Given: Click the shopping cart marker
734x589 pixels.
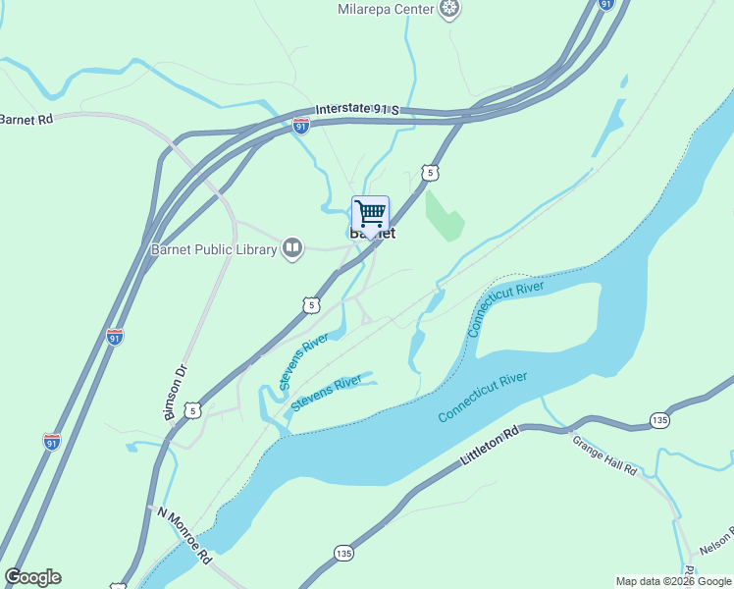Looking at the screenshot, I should pyautogui.click(x=370, y=214).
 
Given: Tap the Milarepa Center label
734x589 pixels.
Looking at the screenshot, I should pyautogui.click(x=387, y=9).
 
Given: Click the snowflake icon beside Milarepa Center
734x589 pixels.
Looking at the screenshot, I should pyautogui.click(x=449, y=10).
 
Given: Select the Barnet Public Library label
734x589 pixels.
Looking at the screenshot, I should pyautogui.click(x=214, y=249).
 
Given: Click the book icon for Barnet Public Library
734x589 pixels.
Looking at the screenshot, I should pyautogui.click(x=292, y=248).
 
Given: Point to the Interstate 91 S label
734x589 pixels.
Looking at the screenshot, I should pyautogui.click(x=357, y=109).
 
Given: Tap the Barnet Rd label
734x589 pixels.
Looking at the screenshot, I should pyautogui.click(x=26, y=120).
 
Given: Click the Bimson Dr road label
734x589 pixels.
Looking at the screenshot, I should pyautogui.click(x=178, y=394).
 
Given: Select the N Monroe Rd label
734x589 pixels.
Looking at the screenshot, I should pyautogui.click(x=183, y=534).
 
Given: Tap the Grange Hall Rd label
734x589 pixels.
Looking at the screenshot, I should pyautogui.click(x=605, y=455).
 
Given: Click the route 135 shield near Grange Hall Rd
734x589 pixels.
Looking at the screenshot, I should pyautogui.click(x=659, y=420).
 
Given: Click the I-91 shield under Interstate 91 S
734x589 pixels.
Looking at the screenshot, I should pyautogui.click(x=300, y=126).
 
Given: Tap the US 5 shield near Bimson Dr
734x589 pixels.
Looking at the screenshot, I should pyautogui.click(x=194, y=410).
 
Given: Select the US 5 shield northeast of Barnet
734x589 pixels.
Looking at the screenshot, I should pyautogui.click(x=431, y=173).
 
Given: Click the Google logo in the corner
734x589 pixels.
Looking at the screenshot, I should pyautogui.click(x=32, y=577).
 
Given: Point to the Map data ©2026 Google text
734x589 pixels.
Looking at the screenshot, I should pyautogui.click(x=673, y=581).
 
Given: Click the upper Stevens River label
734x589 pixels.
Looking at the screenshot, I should pyautogui.click(x=303, y=360).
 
